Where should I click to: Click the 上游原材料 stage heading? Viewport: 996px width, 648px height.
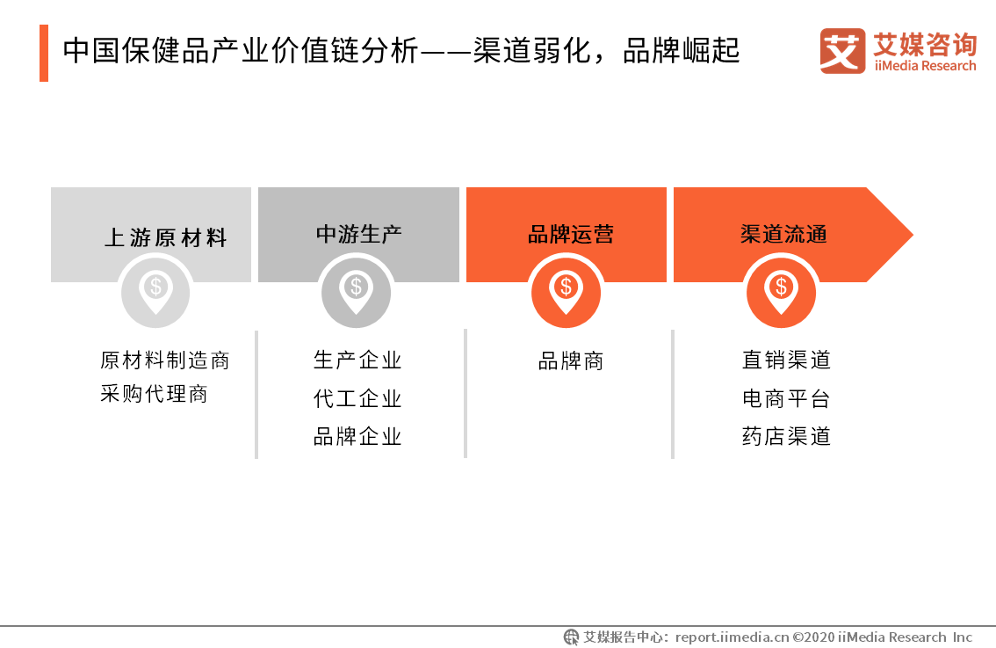166,238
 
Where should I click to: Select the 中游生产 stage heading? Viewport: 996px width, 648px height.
358,234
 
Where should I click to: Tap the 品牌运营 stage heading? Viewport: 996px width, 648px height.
570,235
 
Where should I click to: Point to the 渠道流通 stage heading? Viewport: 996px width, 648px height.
783,235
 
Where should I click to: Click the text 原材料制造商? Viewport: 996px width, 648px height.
165,360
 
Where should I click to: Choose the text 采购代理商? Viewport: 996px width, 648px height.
155,394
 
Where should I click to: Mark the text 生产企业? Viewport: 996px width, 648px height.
357,360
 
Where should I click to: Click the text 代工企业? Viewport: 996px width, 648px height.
357,398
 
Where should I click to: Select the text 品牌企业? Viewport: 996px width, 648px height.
357,437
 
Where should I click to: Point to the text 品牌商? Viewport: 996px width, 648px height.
571,361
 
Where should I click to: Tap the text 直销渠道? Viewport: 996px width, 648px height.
786,360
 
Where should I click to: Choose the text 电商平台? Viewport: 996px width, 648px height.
786,398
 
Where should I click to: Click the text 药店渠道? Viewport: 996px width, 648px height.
786,437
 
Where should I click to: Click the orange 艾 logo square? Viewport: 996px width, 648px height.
842,51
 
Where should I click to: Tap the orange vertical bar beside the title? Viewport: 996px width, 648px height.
44,53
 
